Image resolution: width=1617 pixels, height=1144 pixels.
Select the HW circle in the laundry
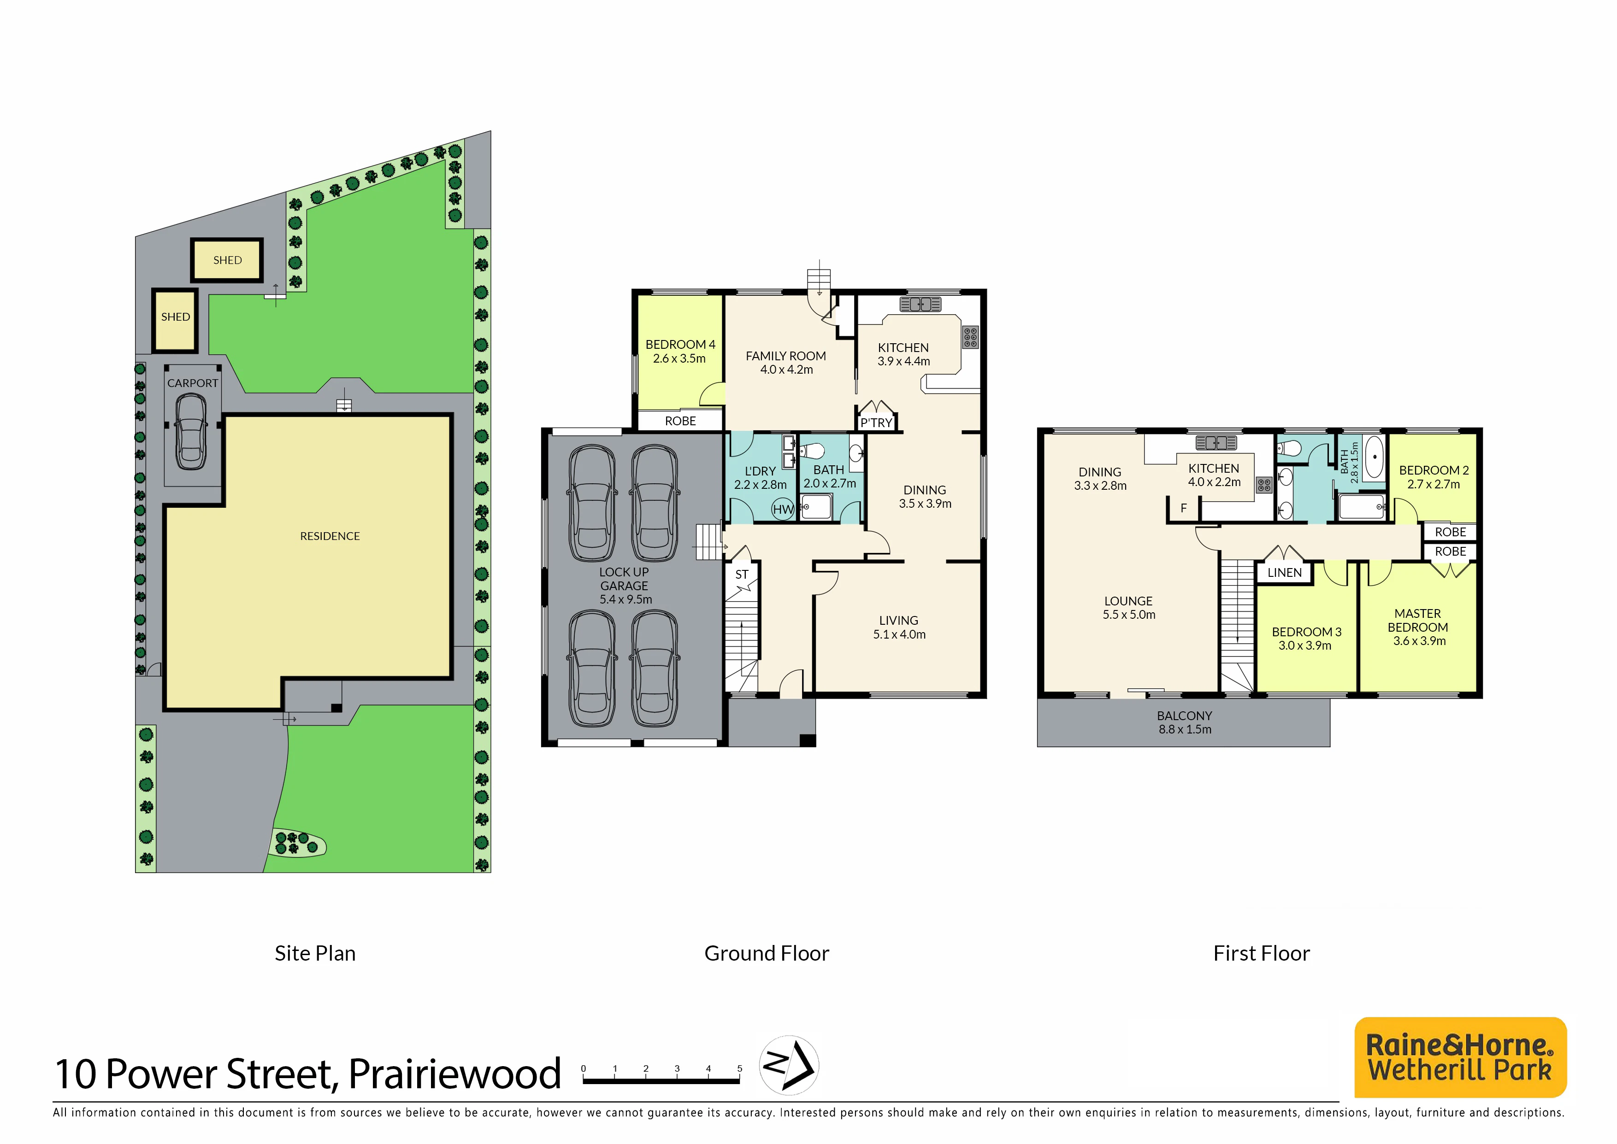(783, 509)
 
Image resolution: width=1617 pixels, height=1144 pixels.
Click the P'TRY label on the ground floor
(876, 422)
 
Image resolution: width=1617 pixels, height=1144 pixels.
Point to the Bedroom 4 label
(680, 351)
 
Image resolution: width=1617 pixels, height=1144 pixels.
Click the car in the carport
(190, 432)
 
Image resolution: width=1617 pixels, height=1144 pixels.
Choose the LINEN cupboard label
(1285, 573)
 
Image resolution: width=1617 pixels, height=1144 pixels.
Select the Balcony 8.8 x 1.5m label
(1184, 723)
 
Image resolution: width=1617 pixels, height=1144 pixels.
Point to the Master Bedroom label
(1418, 627)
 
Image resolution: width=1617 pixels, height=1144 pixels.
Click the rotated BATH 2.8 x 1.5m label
(1349, 462)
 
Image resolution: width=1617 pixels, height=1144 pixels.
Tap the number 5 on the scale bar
(740, 1068)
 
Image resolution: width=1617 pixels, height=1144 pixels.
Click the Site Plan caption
(315, 953)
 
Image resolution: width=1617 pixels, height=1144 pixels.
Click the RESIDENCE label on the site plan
(330, 536)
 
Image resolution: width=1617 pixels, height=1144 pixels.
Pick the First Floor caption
(1261, 953)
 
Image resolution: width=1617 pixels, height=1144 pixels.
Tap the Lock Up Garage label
(624, 586)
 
